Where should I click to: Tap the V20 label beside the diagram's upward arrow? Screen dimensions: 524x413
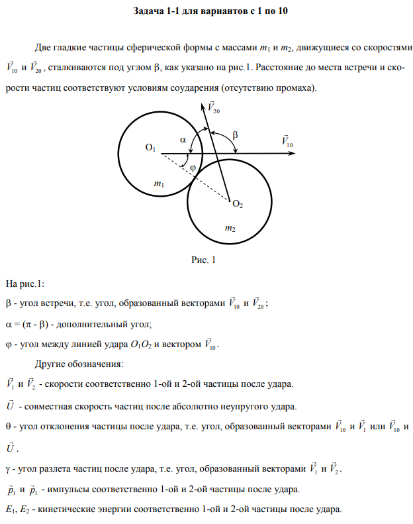(x=213, y=107)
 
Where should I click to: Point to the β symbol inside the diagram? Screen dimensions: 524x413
(x=235, y=135)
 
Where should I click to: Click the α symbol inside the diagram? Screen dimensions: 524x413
(x=183, y=139)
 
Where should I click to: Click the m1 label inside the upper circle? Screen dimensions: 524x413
(x=158, y=185)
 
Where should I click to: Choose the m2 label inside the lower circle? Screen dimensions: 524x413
(x=230, y=228)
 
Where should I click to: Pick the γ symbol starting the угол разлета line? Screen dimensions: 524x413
(x=8, y=470)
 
